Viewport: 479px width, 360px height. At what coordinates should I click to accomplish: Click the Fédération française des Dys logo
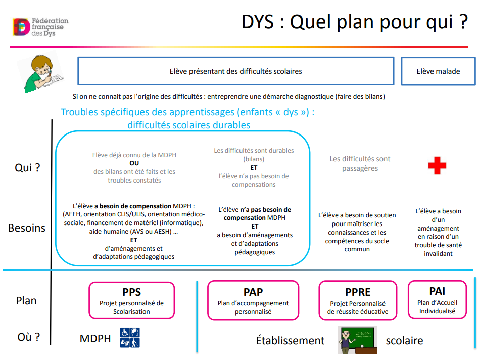[40, 27]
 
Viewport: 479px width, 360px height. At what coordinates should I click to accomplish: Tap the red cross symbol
[437, 166]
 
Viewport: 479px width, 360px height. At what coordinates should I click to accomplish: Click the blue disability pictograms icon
[130, 338]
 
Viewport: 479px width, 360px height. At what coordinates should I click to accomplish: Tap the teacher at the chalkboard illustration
[357, 340]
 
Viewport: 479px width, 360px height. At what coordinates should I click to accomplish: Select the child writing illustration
[40, 73]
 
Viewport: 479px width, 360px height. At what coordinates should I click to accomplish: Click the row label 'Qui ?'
[27, 167]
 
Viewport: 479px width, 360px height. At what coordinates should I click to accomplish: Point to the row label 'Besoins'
[27, 228]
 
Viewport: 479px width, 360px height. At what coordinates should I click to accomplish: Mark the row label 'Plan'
[26, 301]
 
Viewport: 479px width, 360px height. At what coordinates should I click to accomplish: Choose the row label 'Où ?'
[29, 337]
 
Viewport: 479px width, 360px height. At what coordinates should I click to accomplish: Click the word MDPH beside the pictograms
[95, 339]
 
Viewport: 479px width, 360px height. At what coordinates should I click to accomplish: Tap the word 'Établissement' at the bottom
[290, 340]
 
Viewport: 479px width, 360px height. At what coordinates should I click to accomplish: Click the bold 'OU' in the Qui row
[134, 163]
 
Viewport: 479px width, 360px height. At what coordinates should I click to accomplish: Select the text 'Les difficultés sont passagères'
[360, 163]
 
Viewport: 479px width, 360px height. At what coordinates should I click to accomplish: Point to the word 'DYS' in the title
[258, 22]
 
